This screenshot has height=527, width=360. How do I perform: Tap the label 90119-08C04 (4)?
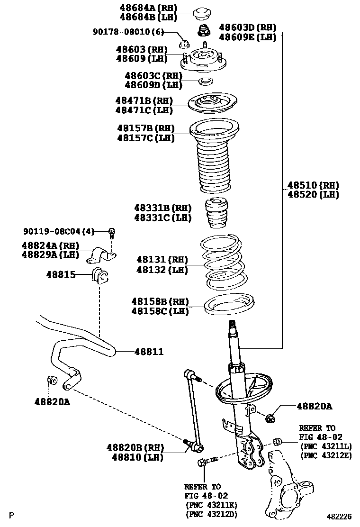(59, 231)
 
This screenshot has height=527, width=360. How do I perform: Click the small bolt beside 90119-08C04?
(112, 232)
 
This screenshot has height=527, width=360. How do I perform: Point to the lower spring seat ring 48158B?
(229, 305)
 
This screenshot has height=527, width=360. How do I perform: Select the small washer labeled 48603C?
(204, 82)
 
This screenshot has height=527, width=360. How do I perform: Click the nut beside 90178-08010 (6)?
(185, 45)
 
